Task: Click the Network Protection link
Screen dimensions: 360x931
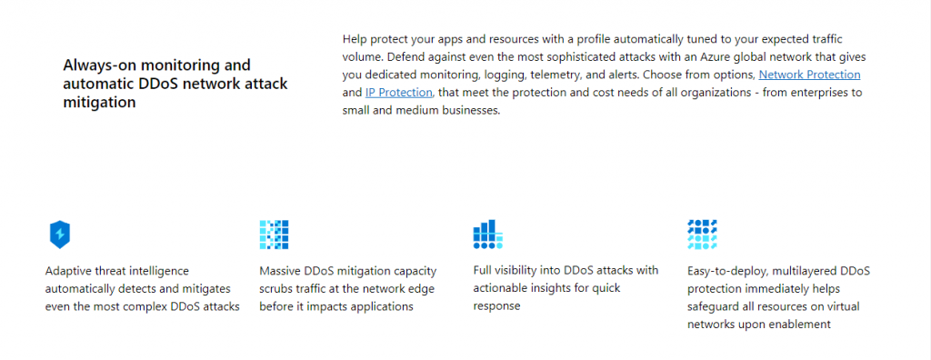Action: click(809, 75)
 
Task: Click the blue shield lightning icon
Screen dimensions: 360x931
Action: click(60, 235)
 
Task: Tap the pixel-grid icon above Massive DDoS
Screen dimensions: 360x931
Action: click(274, 235)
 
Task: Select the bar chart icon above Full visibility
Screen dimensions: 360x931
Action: click(488, 235)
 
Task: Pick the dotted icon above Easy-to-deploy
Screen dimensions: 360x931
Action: click(703, 235)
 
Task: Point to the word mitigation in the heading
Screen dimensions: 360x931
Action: click(100, 103)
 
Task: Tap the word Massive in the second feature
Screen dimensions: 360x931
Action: click(283, 271)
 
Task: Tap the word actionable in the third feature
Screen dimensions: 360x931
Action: click(503, 288)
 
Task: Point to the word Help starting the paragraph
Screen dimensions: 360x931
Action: click(356, 39)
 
